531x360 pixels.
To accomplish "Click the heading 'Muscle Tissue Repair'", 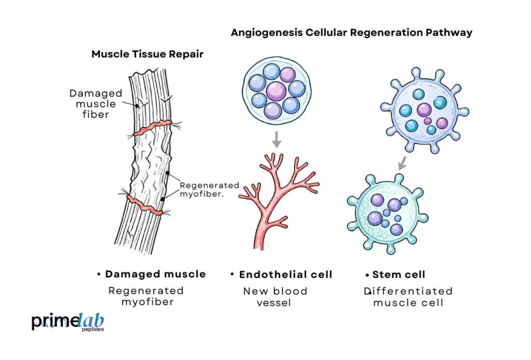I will [x=147, y=54].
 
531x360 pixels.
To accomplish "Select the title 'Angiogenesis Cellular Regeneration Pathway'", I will [x=351, y=33].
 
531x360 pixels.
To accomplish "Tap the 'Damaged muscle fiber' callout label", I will [x=96, y=104].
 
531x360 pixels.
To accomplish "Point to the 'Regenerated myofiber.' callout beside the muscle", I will [x=209, y=189].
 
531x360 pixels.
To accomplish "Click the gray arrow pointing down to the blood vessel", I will [x=276, y=139].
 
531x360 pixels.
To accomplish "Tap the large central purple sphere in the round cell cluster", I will [x=275, y=90].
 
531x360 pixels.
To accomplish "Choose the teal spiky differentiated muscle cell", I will [x=388, y=213].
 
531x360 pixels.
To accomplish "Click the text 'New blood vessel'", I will [x=275, y=297].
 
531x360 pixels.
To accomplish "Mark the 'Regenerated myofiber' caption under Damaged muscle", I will [x=146, y=296].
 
